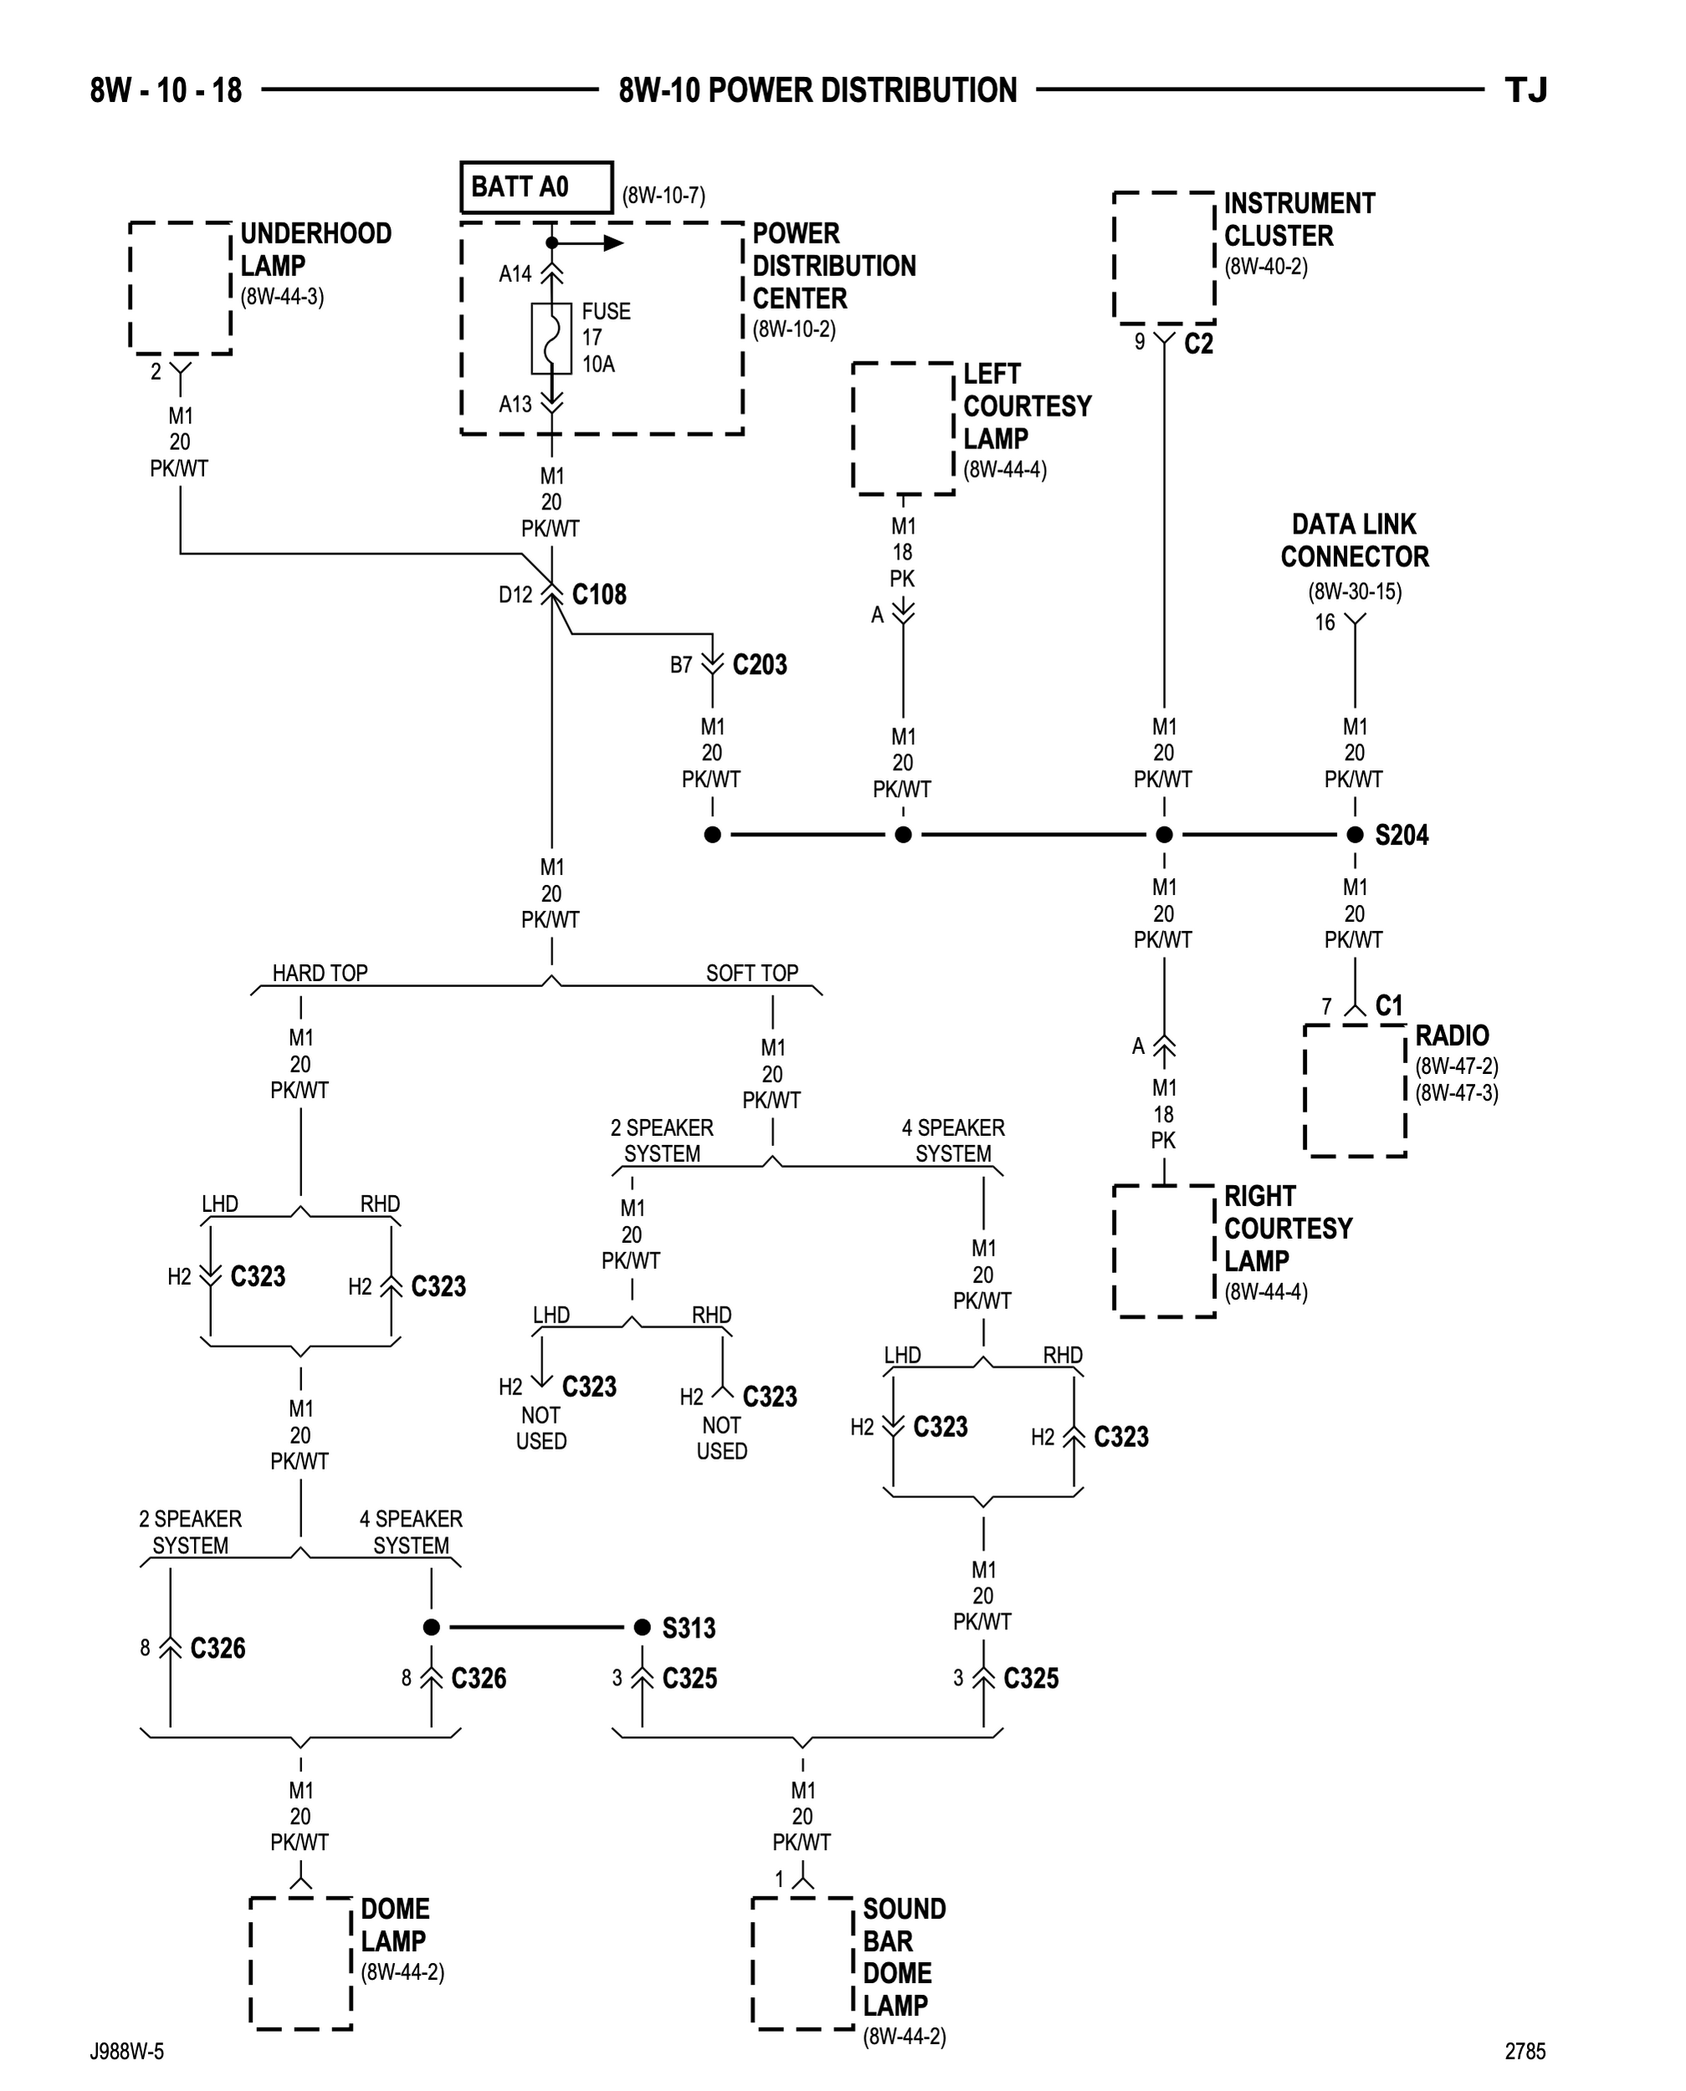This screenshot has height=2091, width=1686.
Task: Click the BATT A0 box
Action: click(536, 187)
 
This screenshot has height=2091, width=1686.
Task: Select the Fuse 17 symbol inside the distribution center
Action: click(551, 338)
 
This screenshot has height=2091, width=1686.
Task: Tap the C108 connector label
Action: click(598, 594)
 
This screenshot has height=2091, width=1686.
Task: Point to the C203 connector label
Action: click(759, 665)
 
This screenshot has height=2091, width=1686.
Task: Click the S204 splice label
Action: click(1401, 835)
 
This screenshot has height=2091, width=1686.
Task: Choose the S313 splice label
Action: click(688, 1628)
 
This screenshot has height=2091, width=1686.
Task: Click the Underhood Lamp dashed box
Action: click(181, 288)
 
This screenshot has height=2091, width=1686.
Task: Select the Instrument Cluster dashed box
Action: click(1164, 258)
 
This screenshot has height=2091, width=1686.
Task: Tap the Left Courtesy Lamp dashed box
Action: click(903, 428)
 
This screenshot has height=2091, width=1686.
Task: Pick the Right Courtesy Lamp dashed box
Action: click(1164, 1251)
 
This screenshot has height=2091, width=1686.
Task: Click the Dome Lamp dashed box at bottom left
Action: click(301, 1963)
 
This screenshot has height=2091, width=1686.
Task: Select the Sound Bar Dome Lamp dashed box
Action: click(803, 1963)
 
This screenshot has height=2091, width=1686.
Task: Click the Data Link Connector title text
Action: click(1354, 540)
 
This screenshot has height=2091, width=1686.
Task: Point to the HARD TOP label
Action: click(320, 973)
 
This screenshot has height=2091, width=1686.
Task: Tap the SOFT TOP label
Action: click(751, 973)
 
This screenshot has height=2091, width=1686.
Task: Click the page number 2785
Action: click(1525, 2051)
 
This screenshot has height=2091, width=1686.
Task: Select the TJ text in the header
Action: click(1525, 90)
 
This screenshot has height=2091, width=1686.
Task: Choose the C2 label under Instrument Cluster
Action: click(1198, 344)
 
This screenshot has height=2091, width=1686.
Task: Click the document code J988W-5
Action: click(127, 2051)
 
